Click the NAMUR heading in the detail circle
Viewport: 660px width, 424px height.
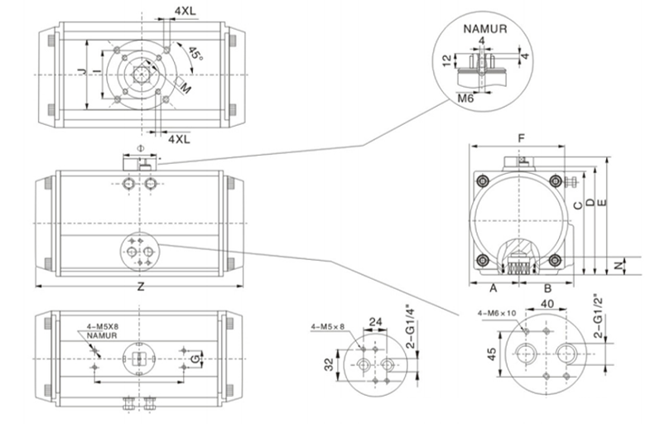click(x=485, y=29)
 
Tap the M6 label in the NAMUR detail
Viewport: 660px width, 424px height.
click(x=465, y=99)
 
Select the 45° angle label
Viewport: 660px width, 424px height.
click(x=195, y=53)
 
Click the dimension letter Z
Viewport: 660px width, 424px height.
click(x=141, y=287)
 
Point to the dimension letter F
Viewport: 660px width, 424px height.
click(x=522, y=138)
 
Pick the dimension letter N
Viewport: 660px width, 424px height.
click(x=618, y=265)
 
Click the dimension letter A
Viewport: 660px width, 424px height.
click(x=494, y=288)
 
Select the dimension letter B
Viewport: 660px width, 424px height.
click(x=547, y=288)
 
